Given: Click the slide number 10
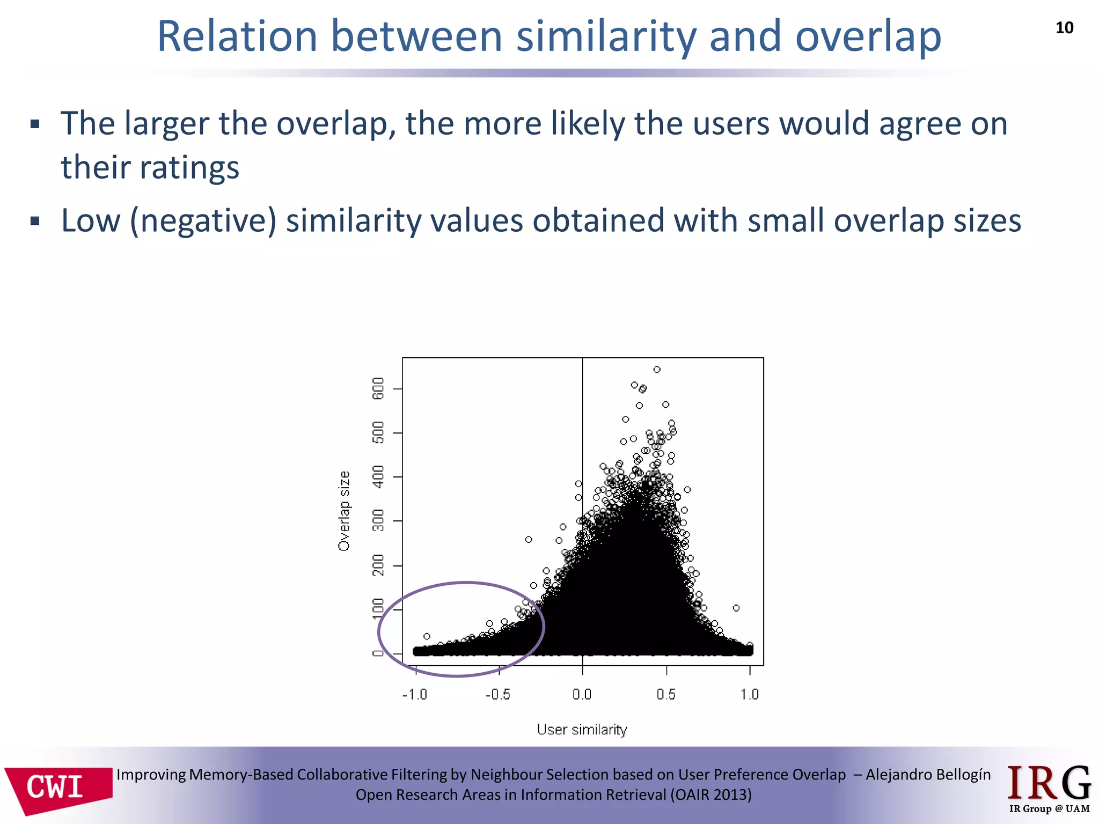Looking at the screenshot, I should [x=1064, y=28].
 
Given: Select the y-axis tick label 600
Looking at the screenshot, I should [x=378, y=388].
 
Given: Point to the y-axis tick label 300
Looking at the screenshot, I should [x=378, y=520].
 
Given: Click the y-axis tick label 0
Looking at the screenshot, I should [x=378, y=653].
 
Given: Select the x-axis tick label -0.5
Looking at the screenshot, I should [x=497, y=694].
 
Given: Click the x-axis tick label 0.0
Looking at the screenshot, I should [x=582, y=694].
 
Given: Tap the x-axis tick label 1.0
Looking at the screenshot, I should [x=749, y=694].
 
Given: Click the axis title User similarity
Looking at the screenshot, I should [x=582, y=729].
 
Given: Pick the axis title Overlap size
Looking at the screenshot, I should [x=344, y=511].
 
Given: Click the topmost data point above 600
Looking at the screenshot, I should [x=657, y=369].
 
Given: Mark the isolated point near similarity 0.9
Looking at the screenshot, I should [x=736, y=608].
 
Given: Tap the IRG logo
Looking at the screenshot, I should [x=1049, y=788].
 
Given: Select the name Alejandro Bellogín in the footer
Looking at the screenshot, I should [x=928, y=774].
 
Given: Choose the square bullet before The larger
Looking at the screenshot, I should [x=35, y=125].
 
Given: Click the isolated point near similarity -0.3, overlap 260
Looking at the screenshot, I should [x=529, y=539].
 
